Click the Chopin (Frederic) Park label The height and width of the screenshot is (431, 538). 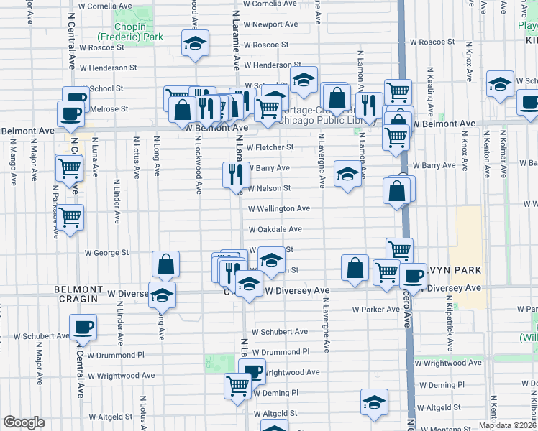click(131, 32)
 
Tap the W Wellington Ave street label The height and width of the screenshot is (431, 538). click(279, 209)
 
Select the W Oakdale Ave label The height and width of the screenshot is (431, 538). click(275, 230)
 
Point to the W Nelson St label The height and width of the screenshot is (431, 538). click(269, 188)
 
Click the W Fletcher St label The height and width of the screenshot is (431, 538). click(270, 147)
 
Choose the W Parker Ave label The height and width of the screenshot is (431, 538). click(375, 310)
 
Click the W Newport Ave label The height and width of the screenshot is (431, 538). click(270, 24)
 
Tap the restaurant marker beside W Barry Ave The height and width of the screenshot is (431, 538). click(234, 173)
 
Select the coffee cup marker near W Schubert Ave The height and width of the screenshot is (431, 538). click(83, 328)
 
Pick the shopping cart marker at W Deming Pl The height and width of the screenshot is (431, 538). click(237, 386)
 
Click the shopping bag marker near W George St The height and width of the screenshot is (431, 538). click(165, 264)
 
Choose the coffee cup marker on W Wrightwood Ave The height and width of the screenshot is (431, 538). click(252, 371)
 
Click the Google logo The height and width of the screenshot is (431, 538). click(24, 422)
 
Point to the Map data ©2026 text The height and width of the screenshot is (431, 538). click(506, 425)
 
